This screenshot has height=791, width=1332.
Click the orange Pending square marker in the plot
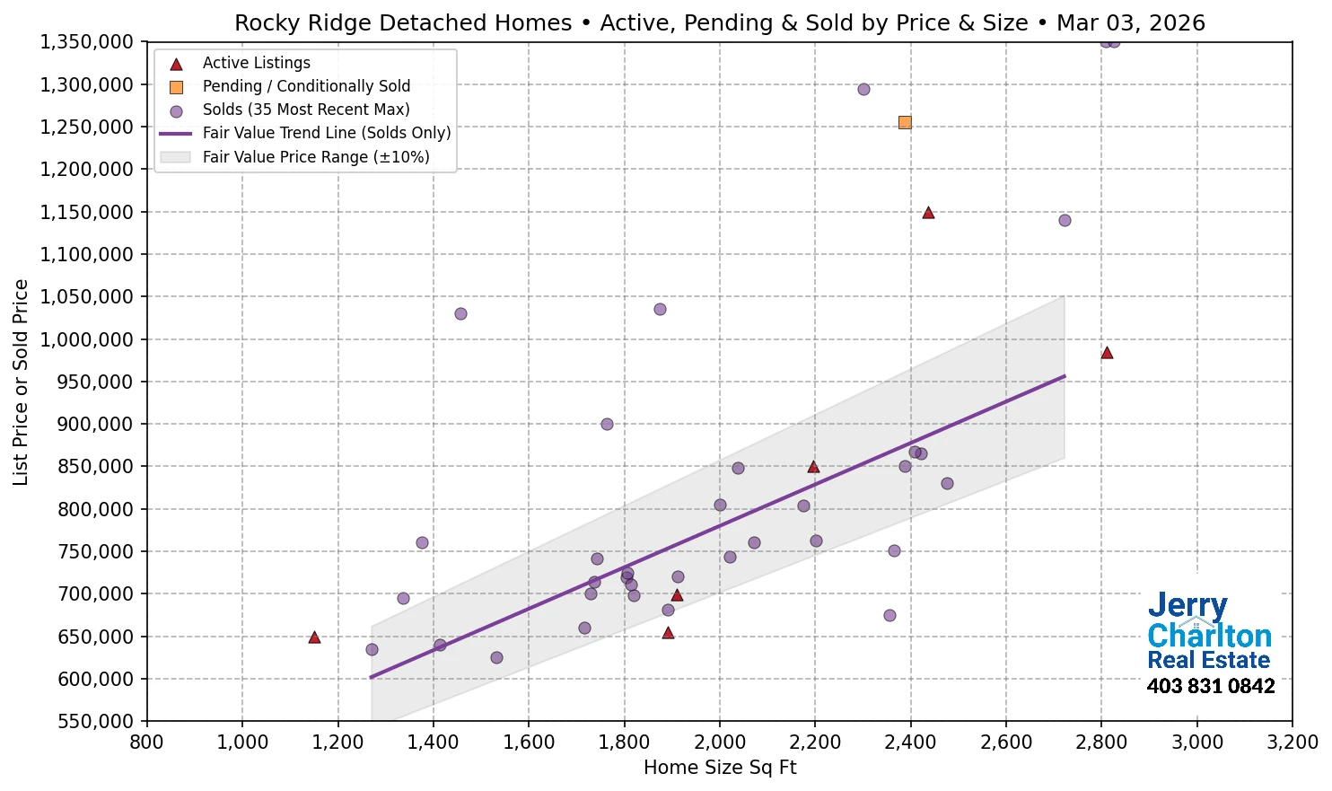pyautogui.click(x=905, y=122)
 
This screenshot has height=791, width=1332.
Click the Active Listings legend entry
pyautogui.click(x=256, y=63)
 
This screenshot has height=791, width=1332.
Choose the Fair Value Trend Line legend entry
pyautogui.click(x=326, y=133)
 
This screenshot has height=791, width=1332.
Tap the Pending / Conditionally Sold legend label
pyautogui.click(x=306, y=86)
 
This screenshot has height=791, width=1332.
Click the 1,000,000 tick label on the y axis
pyautogui.click(x=86, y=339)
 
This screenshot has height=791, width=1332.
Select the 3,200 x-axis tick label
pyautogui.click(x=1293, y=743)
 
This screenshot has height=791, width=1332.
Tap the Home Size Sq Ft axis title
pyautogui.click(x=720, y=768)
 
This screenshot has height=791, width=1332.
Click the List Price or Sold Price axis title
pyautogui.click(x=21, y=382)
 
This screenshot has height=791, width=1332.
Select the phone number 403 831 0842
pyautogui.click(x=1210, y=687)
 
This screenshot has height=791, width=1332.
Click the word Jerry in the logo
pyautogui.click(x=1187, y=606)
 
